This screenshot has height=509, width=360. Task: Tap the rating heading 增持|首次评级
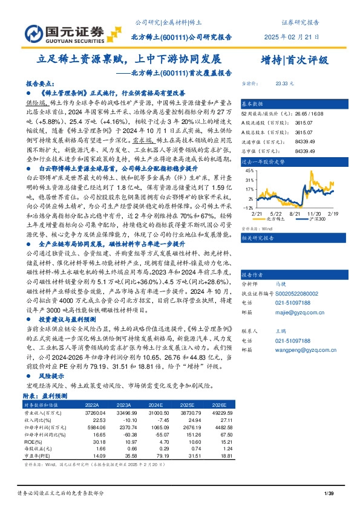point(293,60)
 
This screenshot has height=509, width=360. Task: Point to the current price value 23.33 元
point(284,83)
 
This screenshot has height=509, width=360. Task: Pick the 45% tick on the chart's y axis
point(249,171)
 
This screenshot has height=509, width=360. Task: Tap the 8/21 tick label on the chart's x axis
point(295,213)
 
